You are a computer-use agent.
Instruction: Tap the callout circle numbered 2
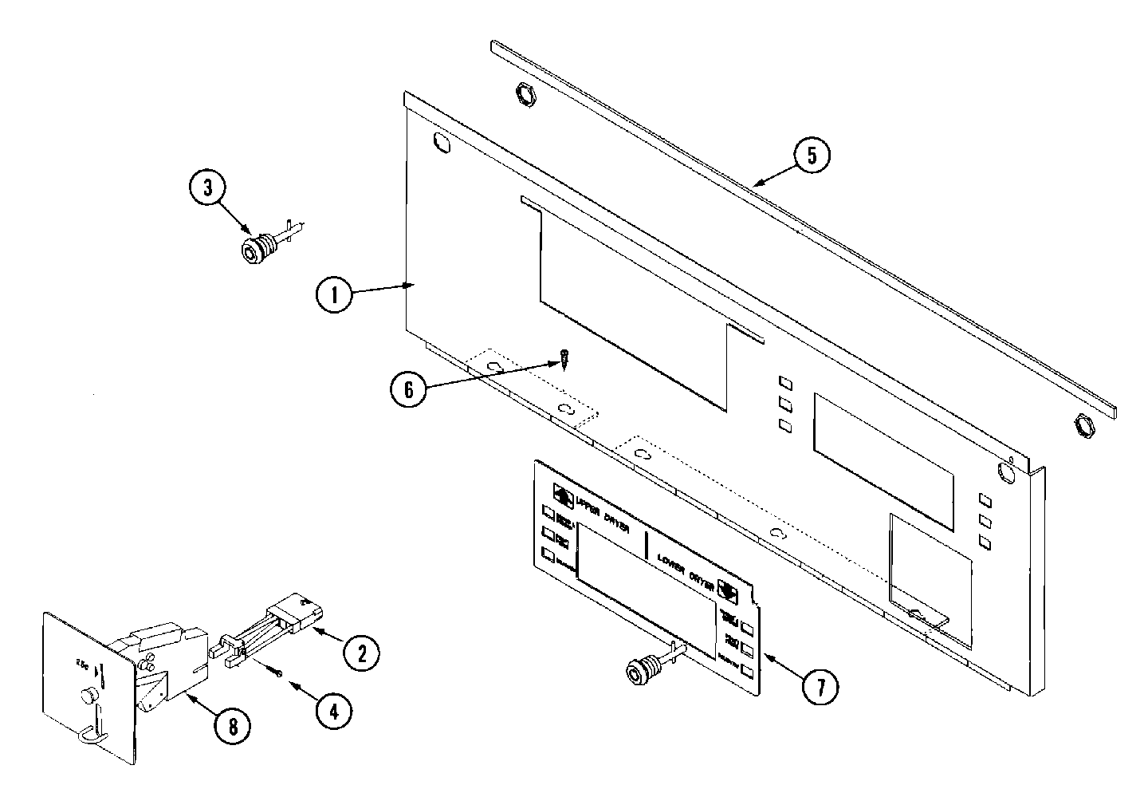click(x=361, y=653)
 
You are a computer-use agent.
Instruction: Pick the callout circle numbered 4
click(x=333, y=709)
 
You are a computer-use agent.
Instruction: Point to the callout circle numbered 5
click(x=811, y=156)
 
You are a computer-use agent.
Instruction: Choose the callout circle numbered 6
click(x=409, y=389)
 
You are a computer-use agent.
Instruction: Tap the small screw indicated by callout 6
click(x=564, y=357)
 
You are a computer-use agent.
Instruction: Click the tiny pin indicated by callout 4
click(x=279, y=675)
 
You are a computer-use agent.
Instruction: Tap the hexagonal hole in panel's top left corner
click(x=440, y=143)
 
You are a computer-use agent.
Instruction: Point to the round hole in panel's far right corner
click(x=1006, y=474)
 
